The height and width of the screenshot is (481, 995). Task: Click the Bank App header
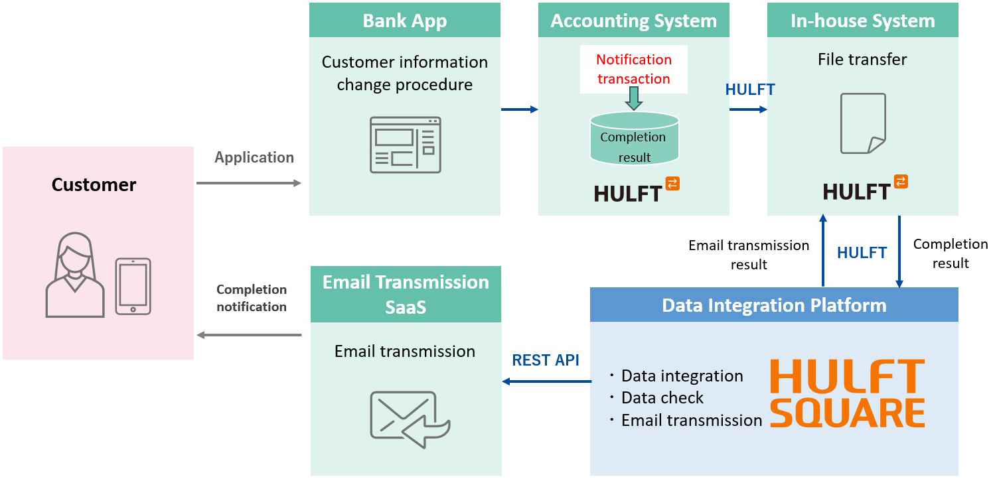404,21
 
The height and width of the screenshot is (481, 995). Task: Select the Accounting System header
633,21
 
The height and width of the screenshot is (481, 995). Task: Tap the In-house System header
862,21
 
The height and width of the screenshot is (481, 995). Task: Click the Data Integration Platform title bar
774,305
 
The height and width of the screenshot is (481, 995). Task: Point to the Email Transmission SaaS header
406,294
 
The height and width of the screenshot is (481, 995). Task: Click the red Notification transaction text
633,69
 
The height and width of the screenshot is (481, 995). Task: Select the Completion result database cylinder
634,139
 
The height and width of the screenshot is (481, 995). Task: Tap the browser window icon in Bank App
405,145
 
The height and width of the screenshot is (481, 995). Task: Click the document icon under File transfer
863,123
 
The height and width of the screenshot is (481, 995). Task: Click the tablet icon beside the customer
133,286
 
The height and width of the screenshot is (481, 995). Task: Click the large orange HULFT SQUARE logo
847,393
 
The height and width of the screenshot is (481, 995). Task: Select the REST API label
546,360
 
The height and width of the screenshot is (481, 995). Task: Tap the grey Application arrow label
254,158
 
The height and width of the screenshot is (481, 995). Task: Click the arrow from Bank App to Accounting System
519,109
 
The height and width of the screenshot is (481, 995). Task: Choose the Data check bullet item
662,398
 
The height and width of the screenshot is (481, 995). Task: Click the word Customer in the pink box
94,184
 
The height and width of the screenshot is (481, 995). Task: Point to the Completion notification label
252,298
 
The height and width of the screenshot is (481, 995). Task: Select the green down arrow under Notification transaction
634,98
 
